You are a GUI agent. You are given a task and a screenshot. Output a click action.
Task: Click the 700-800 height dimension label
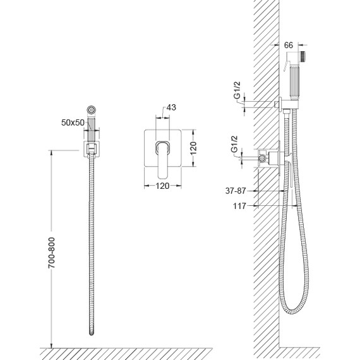pos(52,253)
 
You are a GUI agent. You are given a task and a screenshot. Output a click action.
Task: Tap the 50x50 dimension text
pos(73,123)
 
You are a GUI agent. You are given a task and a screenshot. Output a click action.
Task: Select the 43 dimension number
pos(171,107)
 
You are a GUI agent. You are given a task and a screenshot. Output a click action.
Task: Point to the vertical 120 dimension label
pos(193,148)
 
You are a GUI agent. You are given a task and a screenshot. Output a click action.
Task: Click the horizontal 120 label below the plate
pos(162,186)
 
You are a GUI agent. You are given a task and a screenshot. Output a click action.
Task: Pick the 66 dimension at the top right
pos(289,45)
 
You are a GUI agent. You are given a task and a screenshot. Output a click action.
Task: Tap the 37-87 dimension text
pos(236,191)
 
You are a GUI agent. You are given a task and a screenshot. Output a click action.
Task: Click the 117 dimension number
pos(239,206)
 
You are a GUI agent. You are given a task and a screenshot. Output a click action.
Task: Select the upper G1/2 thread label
pos(237,90)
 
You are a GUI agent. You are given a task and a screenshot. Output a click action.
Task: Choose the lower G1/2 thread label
pos(234,144)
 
